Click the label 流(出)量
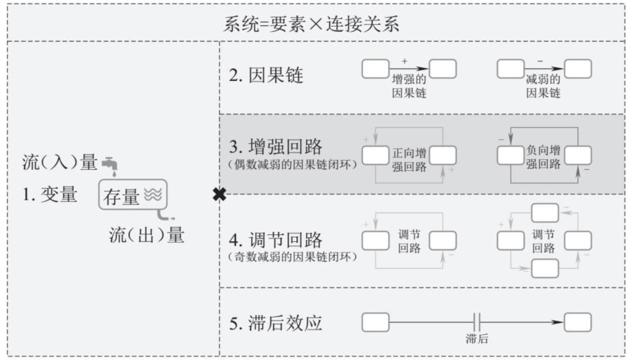coord(147,235)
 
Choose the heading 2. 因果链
coord(266,76)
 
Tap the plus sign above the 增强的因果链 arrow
coord(404,60)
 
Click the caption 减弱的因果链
coord(542,86)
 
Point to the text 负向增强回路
coord(543,157)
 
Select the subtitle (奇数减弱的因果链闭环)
coord(293,256)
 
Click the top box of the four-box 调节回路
coord(544,212)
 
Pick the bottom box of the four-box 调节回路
coord(544,268)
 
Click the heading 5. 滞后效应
coord(276,323)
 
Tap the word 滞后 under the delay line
coord(477,339)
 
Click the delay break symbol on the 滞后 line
coord(477,321)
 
